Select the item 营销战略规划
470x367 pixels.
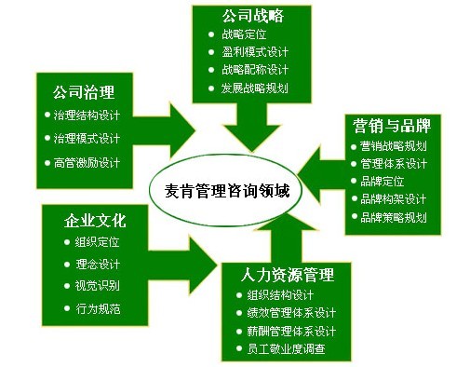tap(394, 145)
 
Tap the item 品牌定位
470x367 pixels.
tap(382, 181)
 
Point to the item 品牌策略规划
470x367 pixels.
tap(394, 216)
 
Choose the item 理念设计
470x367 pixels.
tap(97, 264)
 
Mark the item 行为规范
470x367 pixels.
tap(97, 307)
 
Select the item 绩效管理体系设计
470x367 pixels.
tap(299, 313)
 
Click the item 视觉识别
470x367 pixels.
tap(97, 285)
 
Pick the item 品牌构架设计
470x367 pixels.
tap(394, 198)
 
